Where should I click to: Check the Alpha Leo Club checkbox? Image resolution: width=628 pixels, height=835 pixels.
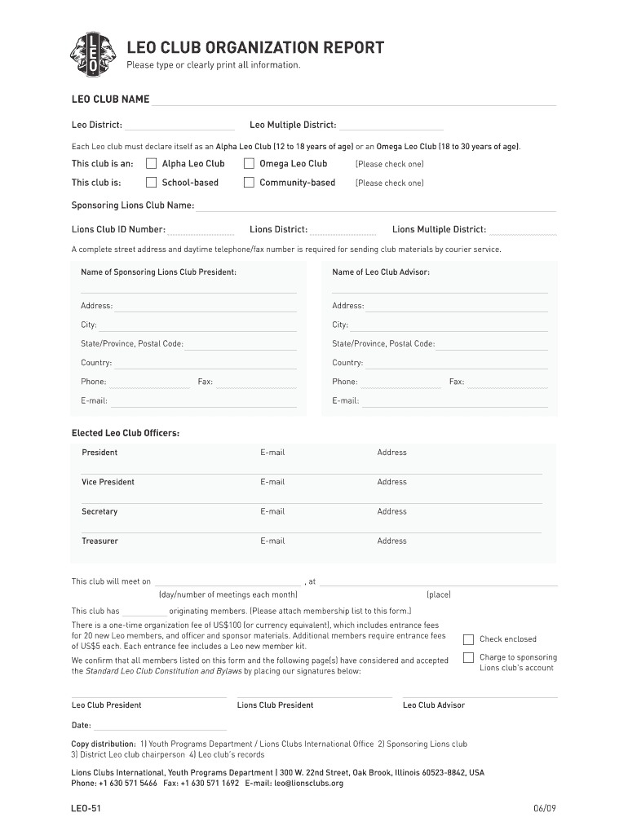tap(151, 163)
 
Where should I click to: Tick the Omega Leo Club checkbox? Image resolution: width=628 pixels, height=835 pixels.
tap(249, 163)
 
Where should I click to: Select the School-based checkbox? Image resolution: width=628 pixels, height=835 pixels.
tap(151, 183)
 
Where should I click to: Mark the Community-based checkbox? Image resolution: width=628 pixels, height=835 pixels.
tap(249, 183)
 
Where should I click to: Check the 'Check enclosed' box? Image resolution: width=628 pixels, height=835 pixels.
tap(468, 639)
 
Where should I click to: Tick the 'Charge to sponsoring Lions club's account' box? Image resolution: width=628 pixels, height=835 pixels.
tap(468, 658)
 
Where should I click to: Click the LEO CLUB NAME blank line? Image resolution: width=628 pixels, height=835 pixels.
tap(353, 101)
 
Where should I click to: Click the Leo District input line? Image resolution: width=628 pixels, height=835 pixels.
tap(179, 126)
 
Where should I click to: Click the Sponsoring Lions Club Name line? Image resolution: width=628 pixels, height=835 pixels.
tap(375, 207)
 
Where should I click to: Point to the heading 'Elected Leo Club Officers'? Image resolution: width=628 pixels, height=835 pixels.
tap(126, 433)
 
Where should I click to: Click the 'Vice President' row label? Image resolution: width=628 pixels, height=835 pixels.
tap(108, 482)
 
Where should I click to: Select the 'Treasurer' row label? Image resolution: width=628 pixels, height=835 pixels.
tap(100, 541)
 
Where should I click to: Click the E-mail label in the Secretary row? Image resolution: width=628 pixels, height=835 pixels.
tap(272, 512)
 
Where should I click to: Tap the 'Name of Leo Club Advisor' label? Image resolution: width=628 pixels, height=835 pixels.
tap(381, 272)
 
